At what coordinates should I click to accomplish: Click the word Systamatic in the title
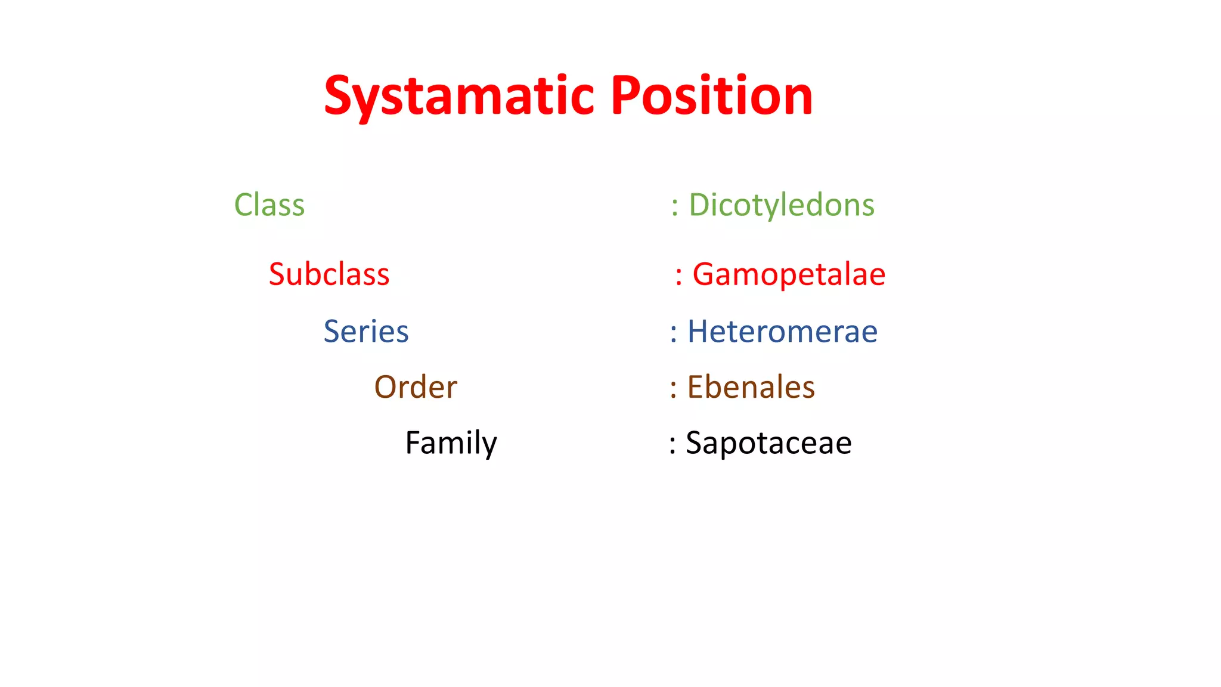(x=459, y=97)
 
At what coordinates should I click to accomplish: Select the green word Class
(x=269, y=205)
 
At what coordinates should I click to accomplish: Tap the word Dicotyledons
(x=782, y=205)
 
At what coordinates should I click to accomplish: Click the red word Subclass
(x=329, y=274)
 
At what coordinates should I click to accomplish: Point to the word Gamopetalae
(x=789, y=274)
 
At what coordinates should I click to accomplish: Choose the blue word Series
(x=366, y=332)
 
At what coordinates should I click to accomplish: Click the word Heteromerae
(x=782, y=332)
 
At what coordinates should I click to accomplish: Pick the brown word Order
(x=416, y=387)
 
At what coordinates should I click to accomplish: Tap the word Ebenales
(x=751, y=387)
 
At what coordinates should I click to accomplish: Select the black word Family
(x=451, y=443)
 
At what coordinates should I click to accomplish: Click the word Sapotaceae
(x=768, y=443)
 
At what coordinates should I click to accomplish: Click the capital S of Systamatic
(x=340, y=95)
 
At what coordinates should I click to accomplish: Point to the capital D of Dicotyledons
(x=701, y=205)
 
